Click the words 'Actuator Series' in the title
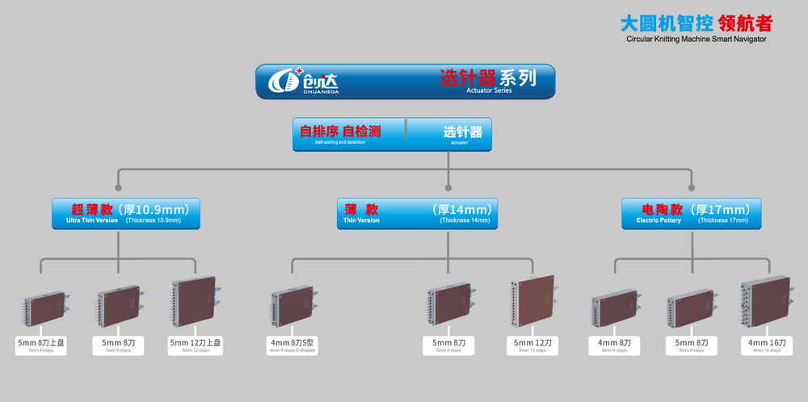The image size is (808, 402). tap(488, 90)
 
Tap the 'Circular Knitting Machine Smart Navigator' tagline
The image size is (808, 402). tap(696, 38)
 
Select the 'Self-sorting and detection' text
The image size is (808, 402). tap(340, 142)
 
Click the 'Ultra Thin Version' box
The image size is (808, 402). tap(125, 213)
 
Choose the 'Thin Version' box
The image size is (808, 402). tap(417, 213)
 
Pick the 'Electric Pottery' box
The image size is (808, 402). tap(691, 213)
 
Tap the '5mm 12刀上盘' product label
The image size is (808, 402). tap(195, 344)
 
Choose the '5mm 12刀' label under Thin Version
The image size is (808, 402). tap(533, 344)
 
